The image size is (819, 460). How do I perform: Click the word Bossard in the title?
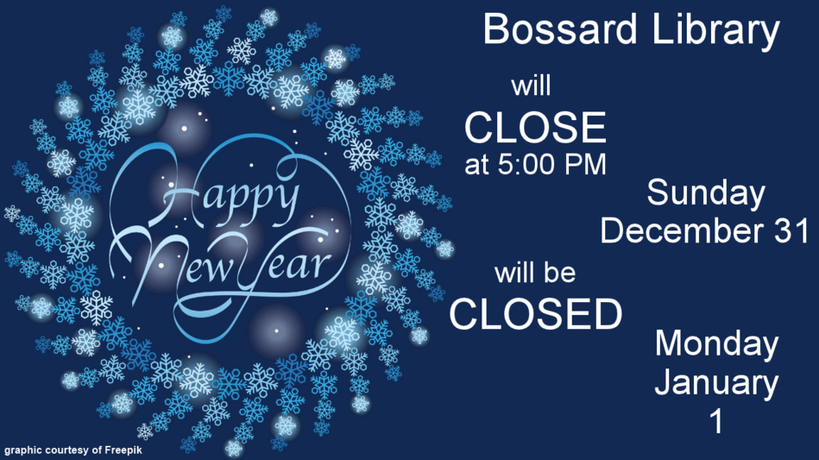[x=560, y=29]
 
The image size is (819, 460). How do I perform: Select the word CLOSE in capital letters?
[x=535, y=127]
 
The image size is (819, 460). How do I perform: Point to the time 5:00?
[x=526, y=164]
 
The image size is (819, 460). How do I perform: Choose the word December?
[x=681, y=230]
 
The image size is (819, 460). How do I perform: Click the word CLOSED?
[x=536, y=314]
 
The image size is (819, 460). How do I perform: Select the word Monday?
[x=716, y=345]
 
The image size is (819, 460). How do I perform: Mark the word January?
[x=716, y=383]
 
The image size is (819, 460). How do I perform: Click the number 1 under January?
[x=718, y=421]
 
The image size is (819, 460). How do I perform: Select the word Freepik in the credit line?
[x=123, y=451]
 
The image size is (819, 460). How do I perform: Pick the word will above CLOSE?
[x=532, y=85]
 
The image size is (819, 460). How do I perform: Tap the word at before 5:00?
[x=476, y=165]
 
